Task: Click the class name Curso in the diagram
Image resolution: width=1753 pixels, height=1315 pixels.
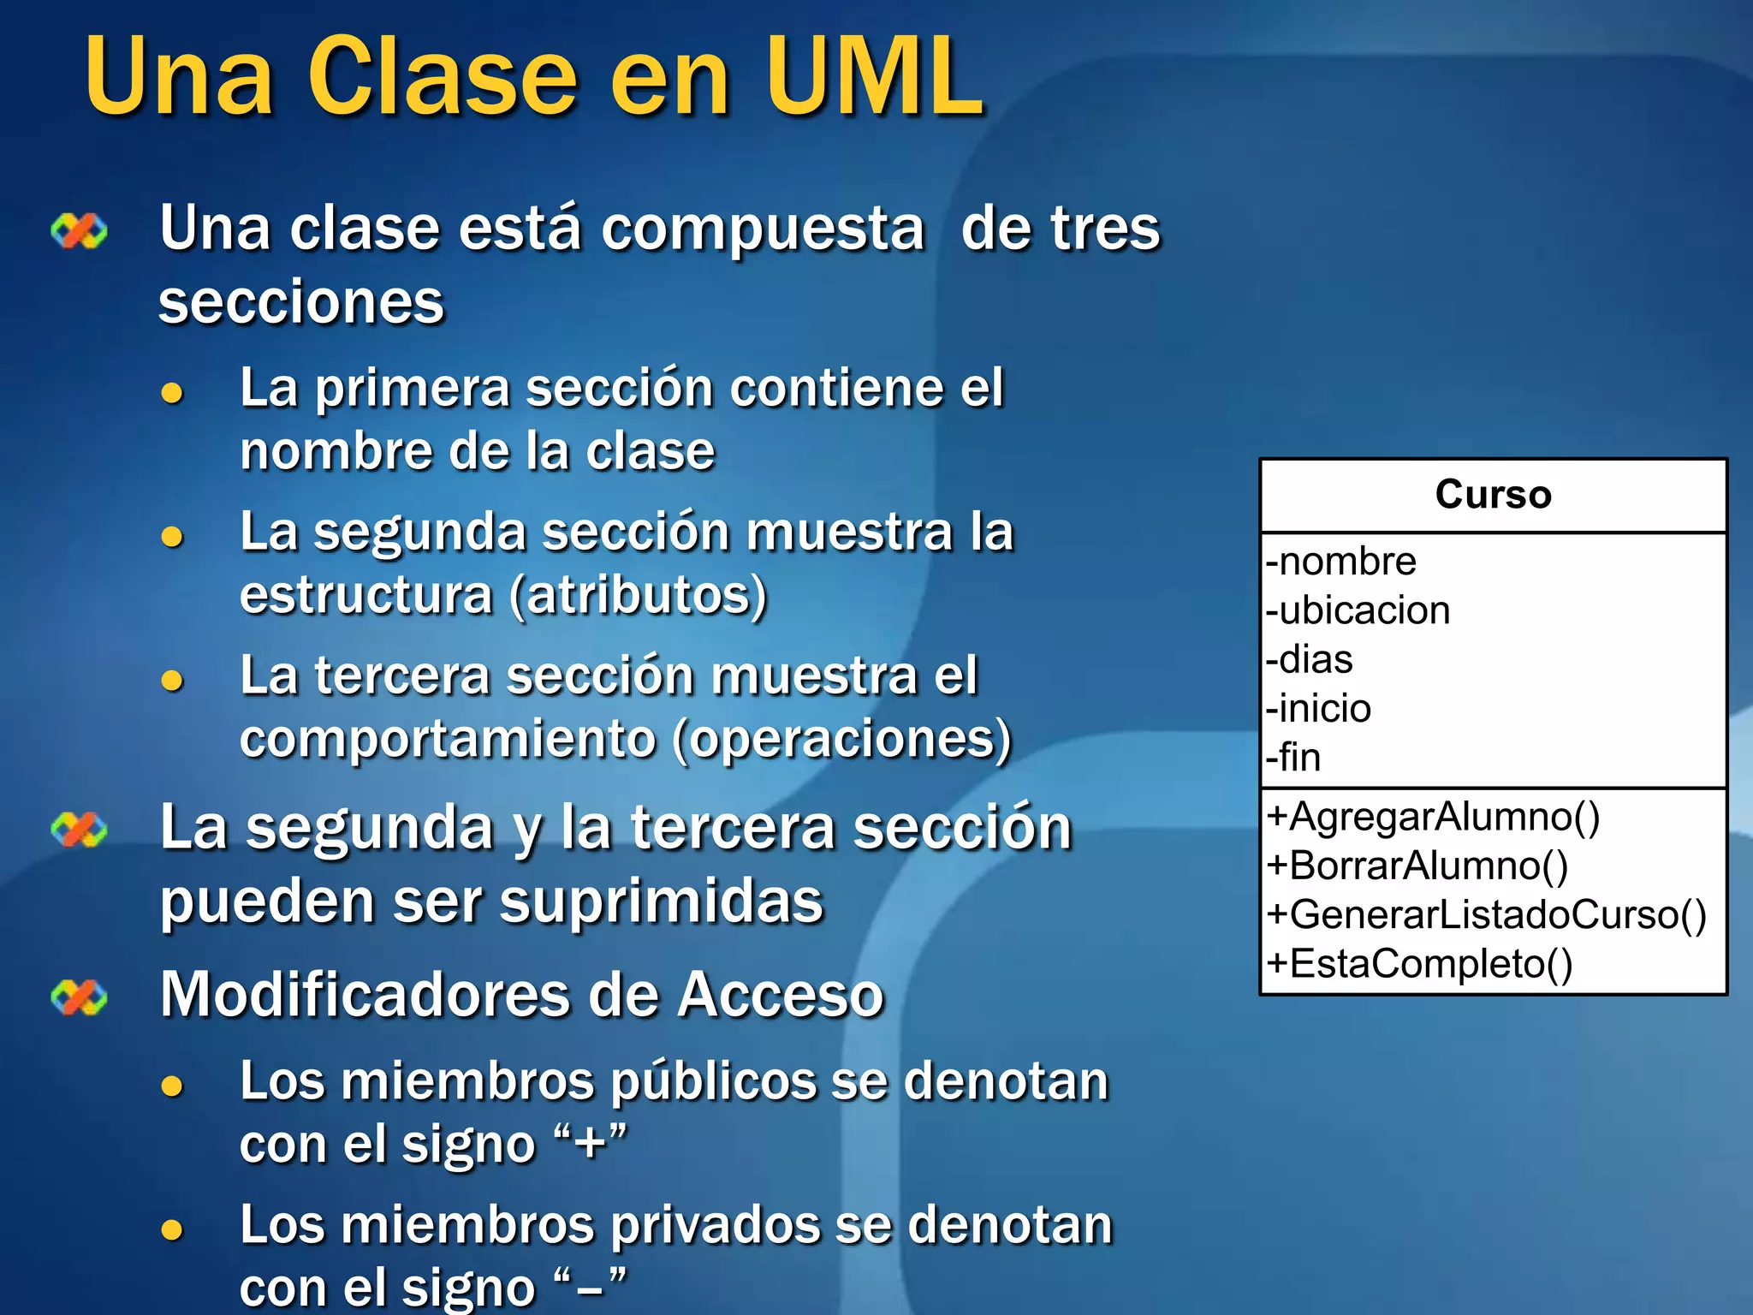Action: coord(1493,495)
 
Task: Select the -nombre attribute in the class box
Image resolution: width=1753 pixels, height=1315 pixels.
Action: coord(1340,562)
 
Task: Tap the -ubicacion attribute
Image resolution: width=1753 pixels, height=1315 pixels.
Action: coord(1358,610)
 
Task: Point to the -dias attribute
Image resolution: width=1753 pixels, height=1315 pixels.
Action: coord(1310,659)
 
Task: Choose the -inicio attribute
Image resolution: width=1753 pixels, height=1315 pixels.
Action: coord(1318,708)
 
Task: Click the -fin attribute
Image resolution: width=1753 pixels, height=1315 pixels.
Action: coord(1293,757)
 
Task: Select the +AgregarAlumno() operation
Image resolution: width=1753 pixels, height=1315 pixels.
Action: coord(1433,816)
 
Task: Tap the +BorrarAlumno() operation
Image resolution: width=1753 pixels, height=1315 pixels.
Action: coord(1417,865)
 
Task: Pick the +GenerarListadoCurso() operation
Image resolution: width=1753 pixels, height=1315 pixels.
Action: coord(1487,913)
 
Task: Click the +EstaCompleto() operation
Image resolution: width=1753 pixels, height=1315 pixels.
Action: coord(1419,963)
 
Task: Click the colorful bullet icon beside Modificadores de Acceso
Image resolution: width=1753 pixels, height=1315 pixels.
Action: coord(79,997)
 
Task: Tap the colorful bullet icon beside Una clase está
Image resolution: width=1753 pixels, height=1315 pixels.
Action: coord(79,230)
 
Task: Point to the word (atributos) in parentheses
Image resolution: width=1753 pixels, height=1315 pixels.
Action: coord(639,595)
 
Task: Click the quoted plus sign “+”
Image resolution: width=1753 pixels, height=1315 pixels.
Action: coord(591,1143)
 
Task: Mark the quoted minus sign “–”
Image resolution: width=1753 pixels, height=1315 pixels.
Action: coord(591,1286)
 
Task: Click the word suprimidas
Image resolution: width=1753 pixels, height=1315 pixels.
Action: coord(661,901)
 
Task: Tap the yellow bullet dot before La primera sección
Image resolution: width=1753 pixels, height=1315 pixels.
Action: coord(172,393)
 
